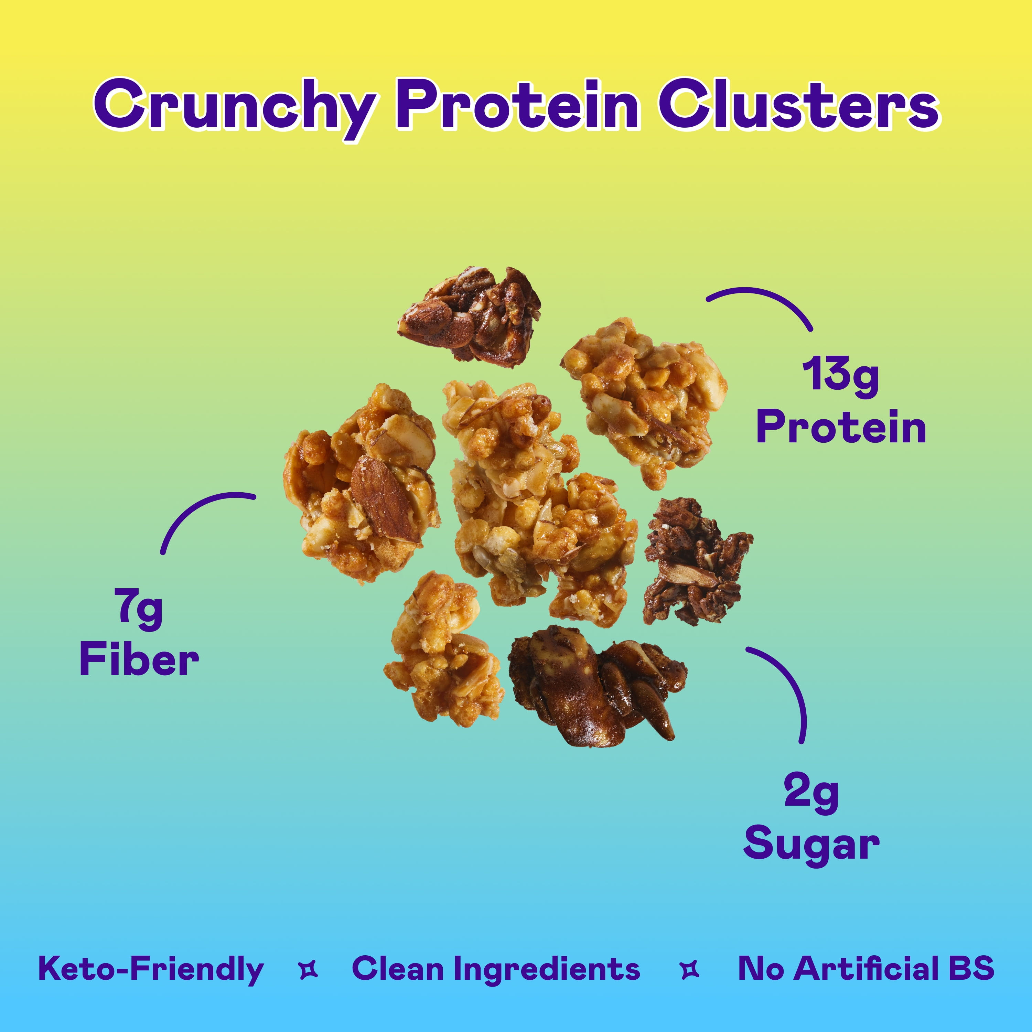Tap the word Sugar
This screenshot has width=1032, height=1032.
pos(811,846)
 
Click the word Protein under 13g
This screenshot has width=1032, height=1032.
pos(841,427)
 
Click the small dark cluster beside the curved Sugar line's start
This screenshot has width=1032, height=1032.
pos(696,562)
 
